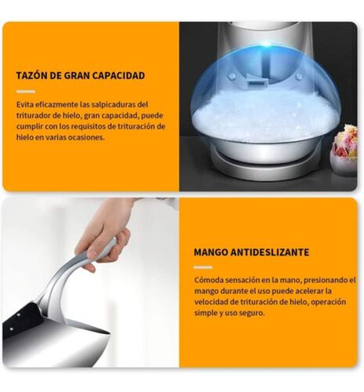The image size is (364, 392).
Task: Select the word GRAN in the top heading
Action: point(77,75)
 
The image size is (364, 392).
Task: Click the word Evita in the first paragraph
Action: point(25,104)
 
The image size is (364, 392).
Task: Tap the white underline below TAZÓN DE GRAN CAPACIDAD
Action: point(26,92)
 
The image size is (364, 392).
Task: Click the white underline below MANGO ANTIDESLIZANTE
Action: point(204,267)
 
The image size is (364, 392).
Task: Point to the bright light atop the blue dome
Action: point(265,44)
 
